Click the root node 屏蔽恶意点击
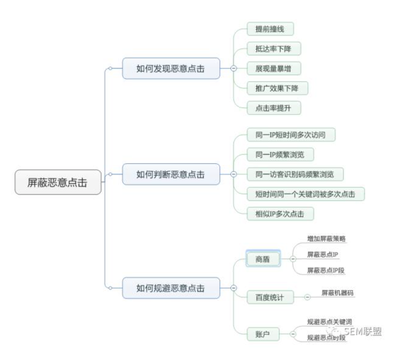pyautogui.click(x=58, y=182)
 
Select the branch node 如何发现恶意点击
pyautogui.click(x=171, y=69)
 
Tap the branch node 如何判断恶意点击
pyautogui.click(x=171, y=174)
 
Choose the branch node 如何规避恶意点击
pyautogui.click(x=171, y=288)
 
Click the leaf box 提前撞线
pyautogui.click(x=270, y=29)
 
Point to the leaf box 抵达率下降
pyautogui.click(x=273, y=49)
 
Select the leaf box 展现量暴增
pyautogui.click(x=273, y=69)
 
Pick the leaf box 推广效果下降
pyautogui.click(x=277, y=88)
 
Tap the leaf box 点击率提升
pyautogui.click(x=273, y=108)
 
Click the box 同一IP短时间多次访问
pyautogui.click(x=291, y=135)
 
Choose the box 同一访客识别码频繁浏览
pyautogui.click(x=295, y=174)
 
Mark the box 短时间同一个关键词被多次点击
pyautogui.click(x=305, y=194)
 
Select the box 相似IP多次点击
pyautogui.click(x=280, y=214)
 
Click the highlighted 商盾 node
pyautogui.click(x=263, y=259)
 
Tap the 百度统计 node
pyautogui.click(x=270, y=297)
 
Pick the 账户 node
pyautogui.click(x=263, y=334)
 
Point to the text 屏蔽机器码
pyautogui.click(x=337, y=293)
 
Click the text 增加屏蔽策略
pyautogui.click(x=326, y=239)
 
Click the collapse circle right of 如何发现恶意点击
pyautogui.click(x=233, y=69)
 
